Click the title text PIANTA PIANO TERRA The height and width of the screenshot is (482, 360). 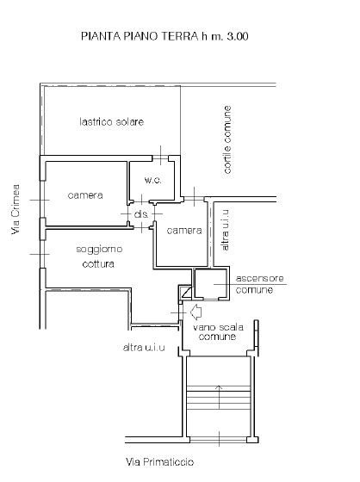coord(140,36)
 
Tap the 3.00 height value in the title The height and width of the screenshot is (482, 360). coord(237,36)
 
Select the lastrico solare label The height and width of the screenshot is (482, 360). coord(112,121)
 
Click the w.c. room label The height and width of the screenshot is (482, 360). coord(153,180)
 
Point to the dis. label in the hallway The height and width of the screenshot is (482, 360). coord(141,214)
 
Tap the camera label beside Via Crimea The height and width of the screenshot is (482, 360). coord(85,195)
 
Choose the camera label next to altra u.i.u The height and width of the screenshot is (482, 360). coord(184,231)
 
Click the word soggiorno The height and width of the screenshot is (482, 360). coord(99,249)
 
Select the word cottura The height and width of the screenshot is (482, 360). coord(98,263)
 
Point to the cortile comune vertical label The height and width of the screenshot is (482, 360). coord(227,139)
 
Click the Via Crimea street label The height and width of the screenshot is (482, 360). coord(16,209)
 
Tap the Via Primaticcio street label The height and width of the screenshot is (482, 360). coord(159,461)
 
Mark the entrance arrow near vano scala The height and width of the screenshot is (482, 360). coord(196,312)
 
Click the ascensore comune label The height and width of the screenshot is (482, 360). coord(259,284)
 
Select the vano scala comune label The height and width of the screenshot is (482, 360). coord(218,331)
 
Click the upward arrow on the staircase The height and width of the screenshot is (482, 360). coord(219,397)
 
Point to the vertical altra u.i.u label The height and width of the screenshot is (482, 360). coord(226,230)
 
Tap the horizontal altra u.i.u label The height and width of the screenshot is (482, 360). coord(144,348)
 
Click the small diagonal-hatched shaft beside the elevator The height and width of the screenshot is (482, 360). coord(186,293)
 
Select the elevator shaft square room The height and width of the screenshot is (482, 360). coord(211,283)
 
